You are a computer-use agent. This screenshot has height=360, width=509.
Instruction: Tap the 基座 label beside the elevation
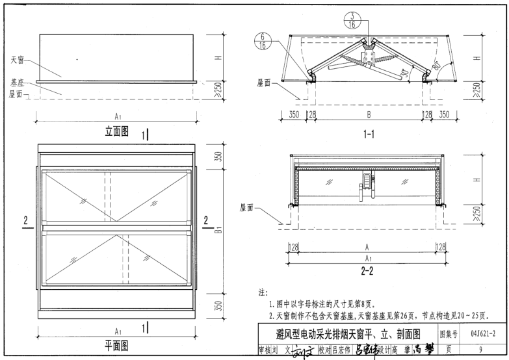[17, 83]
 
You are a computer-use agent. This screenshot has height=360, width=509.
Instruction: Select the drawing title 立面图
[117, 131]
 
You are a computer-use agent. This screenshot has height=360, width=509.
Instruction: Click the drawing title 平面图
[117, 345]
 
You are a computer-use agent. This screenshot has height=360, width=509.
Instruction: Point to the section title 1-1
[368, 135]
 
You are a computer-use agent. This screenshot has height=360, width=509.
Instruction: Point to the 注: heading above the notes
[264, 294]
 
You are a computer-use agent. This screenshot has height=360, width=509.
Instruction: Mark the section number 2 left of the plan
[27, 221]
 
